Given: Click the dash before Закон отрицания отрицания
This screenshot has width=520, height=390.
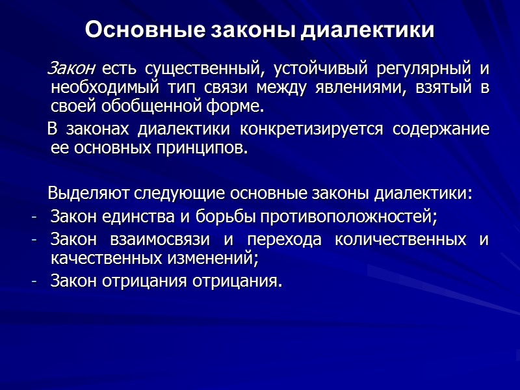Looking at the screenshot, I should [34, 281].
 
